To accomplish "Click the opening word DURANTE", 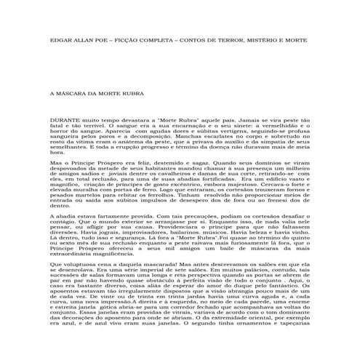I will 63,118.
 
